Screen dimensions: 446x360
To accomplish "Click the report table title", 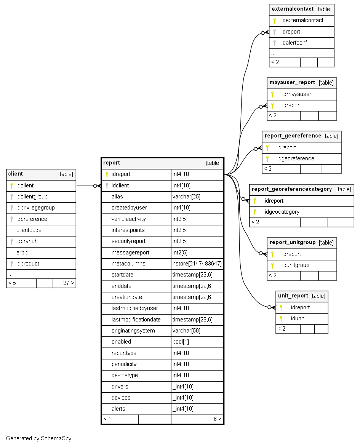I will tap(112, 163).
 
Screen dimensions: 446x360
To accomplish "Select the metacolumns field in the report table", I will tap(128, 264).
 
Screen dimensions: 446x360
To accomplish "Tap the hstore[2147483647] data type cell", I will tap(197, 264).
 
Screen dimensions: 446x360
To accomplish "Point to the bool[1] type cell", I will tap(181, 342).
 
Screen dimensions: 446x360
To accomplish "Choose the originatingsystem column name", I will tap(133, 331).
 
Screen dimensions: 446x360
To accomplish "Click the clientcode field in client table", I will tap(29, 230).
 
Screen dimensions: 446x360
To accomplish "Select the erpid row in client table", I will tap(22, 253).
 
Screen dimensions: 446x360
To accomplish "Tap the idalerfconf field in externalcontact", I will tap(294, 43).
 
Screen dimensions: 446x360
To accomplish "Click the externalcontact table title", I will tap(292, 9).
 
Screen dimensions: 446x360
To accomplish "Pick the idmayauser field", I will tap(297, 94).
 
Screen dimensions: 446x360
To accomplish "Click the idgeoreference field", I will tap(296, 158).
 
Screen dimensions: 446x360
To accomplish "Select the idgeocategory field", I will tap(282, 212).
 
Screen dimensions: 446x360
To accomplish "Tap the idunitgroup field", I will tap(296, 265).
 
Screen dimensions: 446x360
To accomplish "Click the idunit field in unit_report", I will tap(298, 318).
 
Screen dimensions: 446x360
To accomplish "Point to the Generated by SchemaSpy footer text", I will tap(38, 438).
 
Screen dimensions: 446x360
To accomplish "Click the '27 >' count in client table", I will tap(69, 283).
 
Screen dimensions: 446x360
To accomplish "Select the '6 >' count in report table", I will tap(218, 419).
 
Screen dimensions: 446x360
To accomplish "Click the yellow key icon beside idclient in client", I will tap(12, 185).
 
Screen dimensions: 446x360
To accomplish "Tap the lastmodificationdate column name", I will tap(136, 320).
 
